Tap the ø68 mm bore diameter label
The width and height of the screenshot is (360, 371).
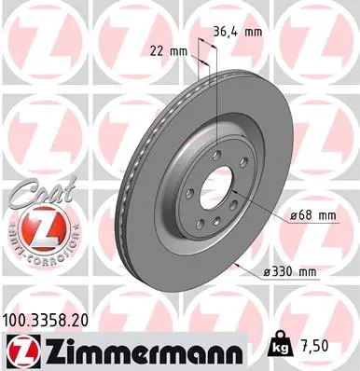[x=312, y=215]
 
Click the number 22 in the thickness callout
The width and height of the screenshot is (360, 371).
[x=157, y=51]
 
